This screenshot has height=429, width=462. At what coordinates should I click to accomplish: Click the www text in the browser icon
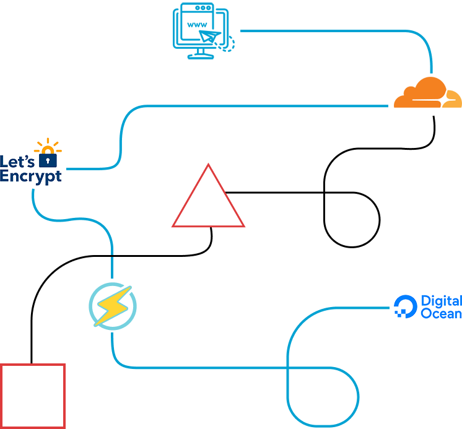(x=197, y=25)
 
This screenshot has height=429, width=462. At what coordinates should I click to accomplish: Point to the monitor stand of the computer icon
(x=200, y=53)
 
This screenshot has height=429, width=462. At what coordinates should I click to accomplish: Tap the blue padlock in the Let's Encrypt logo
(x=48, y=159)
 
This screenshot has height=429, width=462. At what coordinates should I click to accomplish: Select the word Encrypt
(x=31, y=176)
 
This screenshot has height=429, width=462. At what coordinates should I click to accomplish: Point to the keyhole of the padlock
(x=48, y=160)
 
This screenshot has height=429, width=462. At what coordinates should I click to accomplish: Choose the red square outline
(x=33, y=396)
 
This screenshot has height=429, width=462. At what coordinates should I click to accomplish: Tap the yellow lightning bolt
(x=112, y=306)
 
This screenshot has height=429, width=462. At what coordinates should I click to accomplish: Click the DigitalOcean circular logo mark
(x=406, y=306)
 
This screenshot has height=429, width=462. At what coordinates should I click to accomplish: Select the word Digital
(x=441, y=301)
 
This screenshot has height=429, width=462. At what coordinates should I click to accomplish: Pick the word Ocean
(x=441, y=314)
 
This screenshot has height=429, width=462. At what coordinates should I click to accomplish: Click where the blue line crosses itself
(x=289, y=368)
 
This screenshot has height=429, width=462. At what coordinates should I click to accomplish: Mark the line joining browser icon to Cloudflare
(x=334, y=30)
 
